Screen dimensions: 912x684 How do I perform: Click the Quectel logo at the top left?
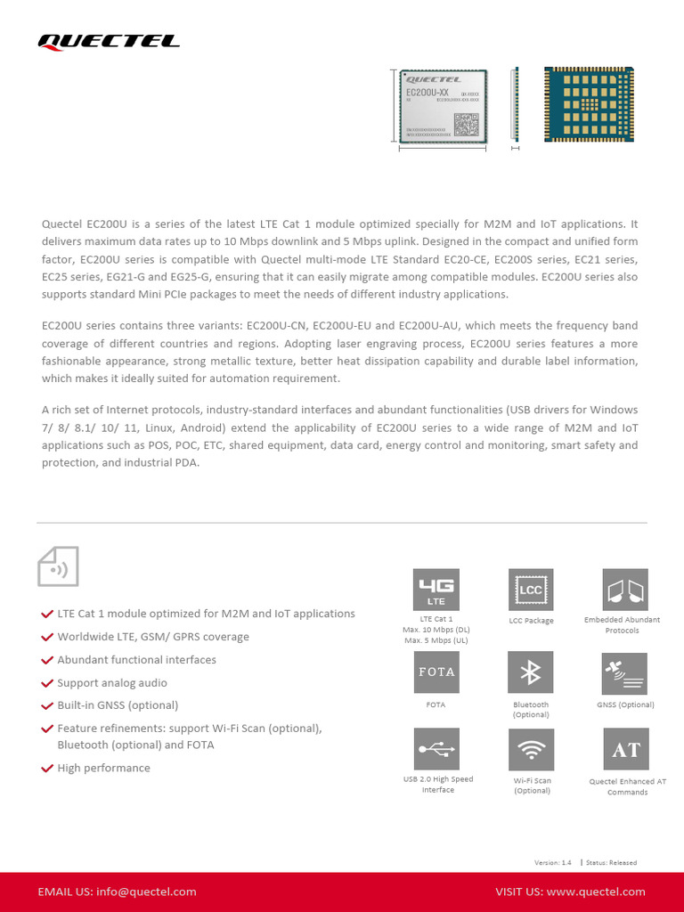[108, 41]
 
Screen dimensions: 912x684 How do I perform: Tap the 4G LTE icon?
[436, 590]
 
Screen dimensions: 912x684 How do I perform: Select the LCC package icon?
[531, 590]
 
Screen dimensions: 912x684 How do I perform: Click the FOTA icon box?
[436, 672]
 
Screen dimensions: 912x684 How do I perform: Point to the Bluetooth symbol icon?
[531, 672]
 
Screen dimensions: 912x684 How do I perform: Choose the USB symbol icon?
[436, 749]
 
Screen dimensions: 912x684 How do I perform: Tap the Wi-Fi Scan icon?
[532, 750]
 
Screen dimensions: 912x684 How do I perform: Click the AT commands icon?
[626, 750]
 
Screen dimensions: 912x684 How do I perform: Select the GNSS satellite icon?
[625, 672]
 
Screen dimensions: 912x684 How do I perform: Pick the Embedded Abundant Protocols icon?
[625, 590]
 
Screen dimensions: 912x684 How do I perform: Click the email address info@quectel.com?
[146, 892]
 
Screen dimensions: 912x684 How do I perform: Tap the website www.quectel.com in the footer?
[596, 892]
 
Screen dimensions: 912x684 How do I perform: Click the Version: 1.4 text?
[552, 862]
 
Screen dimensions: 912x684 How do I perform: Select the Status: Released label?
[611, 862]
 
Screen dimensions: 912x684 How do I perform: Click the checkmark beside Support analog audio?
[47, 683]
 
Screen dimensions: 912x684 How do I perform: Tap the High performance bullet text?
[103, 768]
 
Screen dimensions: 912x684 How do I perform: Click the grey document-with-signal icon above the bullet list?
[58, 566]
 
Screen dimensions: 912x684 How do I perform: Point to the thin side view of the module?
[515, 104]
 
